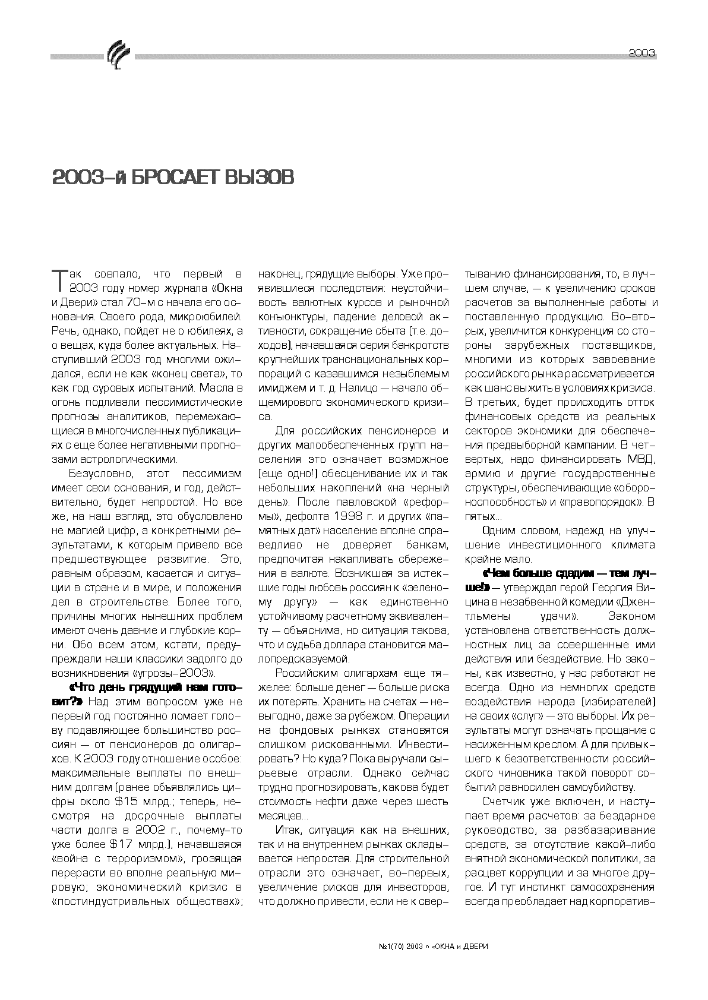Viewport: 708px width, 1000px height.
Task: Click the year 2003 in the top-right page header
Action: (x=641, y=53)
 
